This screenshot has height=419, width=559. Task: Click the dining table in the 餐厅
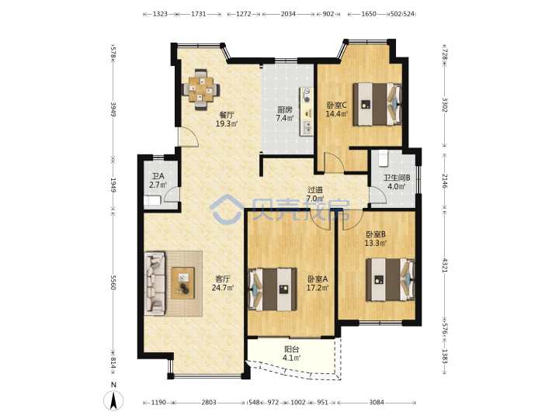(x=201, y=89)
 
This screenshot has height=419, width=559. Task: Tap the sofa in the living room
(x=155, y=283)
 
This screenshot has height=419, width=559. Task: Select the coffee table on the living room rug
(x=183, y=283)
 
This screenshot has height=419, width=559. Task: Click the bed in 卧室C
(x=377, y=104)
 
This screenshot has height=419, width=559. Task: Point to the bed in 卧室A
(x=273, y=289)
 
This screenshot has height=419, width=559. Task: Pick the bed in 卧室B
(x=391, y=279)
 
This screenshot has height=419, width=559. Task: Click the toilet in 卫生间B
(x=383, y=158)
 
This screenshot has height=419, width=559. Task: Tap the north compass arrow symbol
(x=113, y=400)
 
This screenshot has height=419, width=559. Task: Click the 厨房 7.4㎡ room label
(x=284, y=114)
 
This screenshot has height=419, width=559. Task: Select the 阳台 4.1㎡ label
(x=291, y=354)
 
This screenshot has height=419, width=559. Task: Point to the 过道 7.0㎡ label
(x=315, y=194)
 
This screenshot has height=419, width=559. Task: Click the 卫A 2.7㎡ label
(x=158, y=181)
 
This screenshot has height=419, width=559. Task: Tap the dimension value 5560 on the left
(x=113, y=282)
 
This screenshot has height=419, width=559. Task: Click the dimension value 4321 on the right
(x=445, y=265)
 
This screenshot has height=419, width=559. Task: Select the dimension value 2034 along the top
(x=288, y=14)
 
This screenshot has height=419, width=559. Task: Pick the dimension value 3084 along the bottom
(x=377, y=402)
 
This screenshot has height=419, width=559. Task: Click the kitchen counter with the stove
(x=307, y=112)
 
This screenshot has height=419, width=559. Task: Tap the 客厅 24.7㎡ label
(x=223, y=283)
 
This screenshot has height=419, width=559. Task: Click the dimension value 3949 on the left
(x=113, y=109)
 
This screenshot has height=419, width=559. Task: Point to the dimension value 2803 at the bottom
(x=209, y=402)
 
